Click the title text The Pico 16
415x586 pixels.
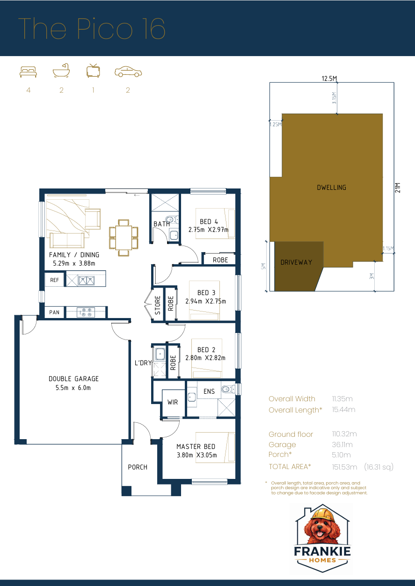point(92,29)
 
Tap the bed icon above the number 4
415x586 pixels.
point(28,71)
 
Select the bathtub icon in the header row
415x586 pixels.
point(61,71)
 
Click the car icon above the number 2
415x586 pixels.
point(128,72)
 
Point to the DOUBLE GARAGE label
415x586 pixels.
point(73,379)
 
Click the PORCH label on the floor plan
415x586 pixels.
point(138,467)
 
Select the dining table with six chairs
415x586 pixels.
point(124,238)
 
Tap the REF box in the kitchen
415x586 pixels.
point(54,280)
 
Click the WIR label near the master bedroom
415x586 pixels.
point(173,402)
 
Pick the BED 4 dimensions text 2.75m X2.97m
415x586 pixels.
point(208,230)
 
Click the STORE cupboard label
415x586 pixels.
point(158,305)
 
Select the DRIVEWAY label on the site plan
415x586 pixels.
point(296,262)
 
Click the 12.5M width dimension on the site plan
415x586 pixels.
point(329,79)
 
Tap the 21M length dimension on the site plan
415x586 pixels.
point(398,187)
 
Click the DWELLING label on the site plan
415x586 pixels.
point(331,188)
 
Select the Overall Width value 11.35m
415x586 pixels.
point(342,399)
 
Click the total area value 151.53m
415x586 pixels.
point(344,467)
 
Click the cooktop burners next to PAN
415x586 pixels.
point(87,312)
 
